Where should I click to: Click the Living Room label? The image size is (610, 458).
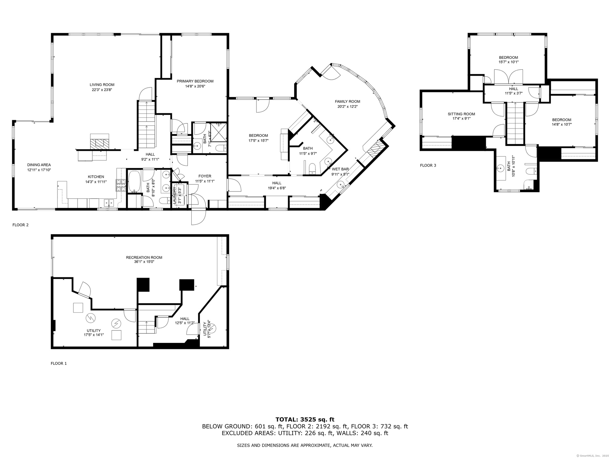102,85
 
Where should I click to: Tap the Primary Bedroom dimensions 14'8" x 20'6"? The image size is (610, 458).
195,86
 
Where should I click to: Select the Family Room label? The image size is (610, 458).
348,101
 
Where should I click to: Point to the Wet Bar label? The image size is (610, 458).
340,169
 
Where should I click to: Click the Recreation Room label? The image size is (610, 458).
144,258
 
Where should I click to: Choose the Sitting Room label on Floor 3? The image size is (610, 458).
461,114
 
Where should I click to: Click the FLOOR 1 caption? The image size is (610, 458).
59,363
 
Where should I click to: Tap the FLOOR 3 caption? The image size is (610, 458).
428,165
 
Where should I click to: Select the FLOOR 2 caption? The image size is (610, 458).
20,225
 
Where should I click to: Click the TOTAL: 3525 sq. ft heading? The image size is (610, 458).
305,420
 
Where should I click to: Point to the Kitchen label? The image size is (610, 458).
96,177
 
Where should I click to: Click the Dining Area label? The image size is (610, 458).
39,165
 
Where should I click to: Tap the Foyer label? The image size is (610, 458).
205,176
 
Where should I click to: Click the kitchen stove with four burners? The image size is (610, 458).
121,185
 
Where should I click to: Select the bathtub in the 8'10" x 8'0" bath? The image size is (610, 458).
135,182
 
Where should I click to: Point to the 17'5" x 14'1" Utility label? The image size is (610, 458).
94,331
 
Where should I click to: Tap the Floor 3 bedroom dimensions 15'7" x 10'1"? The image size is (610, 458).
509,62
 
